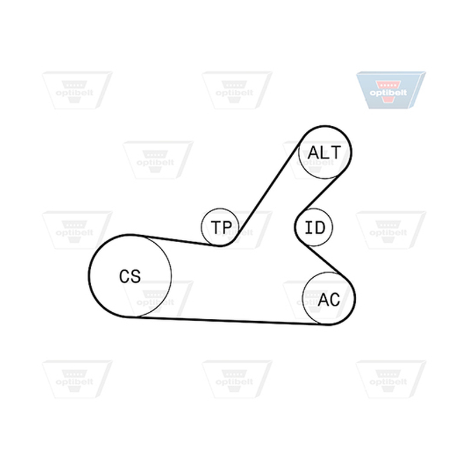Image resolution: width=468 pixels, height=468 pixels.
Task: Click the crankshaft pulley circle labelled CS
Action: click(x=90, y=276)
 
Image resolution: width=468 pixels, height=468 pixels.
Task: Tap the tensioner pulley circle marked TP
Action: click(x=202, y=228)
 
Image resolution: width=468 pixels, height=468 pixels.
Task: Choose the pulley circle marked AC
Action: click(x=303, y=298)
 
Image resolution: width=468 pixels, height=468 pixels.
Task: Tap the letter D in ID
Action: click(x=319, y=228)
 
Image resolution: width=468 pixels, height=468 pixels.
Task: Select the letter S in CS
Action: click(x=135, y=276)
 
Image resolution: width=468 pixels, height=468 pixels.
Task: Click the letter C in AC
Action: click(x=335, y=300)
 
